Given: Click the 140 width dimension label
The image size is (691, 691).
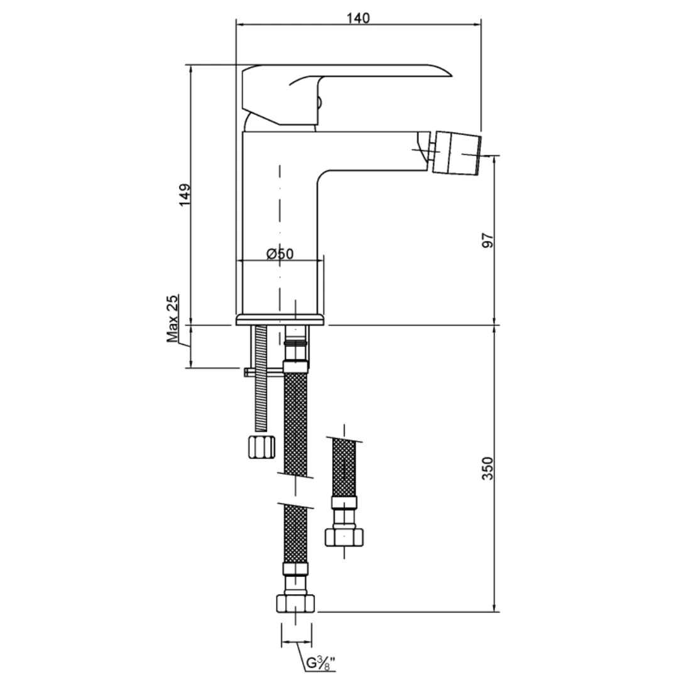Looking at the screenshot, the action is click(358, 18).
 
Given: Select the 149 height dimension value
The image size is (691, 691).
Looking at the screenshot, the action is click(185, 195).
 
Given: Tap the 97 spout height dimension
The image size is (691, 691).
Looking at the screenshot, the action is click(488, 241).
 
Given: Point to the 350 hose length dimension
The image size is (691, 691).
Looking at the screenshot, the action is click(488, 468).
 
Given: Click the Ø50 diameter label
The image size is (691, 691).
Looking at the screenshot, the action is click(280, 254).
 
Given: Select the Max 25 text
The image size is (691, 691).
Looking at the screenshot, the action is click(173, 318).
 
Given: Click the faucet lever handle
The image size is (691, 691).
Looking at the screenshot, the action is click(346, 95).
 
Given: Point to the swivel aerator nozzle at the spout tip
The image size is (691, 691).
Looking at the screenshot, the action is click(457, 152).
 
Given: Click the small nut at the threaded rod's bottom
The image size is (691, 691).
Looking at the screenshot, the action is click(262, 447).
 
